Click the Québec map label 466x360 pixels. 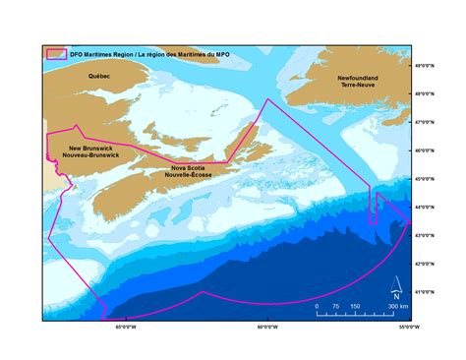click(x=99, y=75)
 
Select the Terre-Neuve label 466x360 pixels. click(x=358, y=86)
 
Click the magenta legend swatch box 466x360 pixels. click(x=56, y=53)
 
